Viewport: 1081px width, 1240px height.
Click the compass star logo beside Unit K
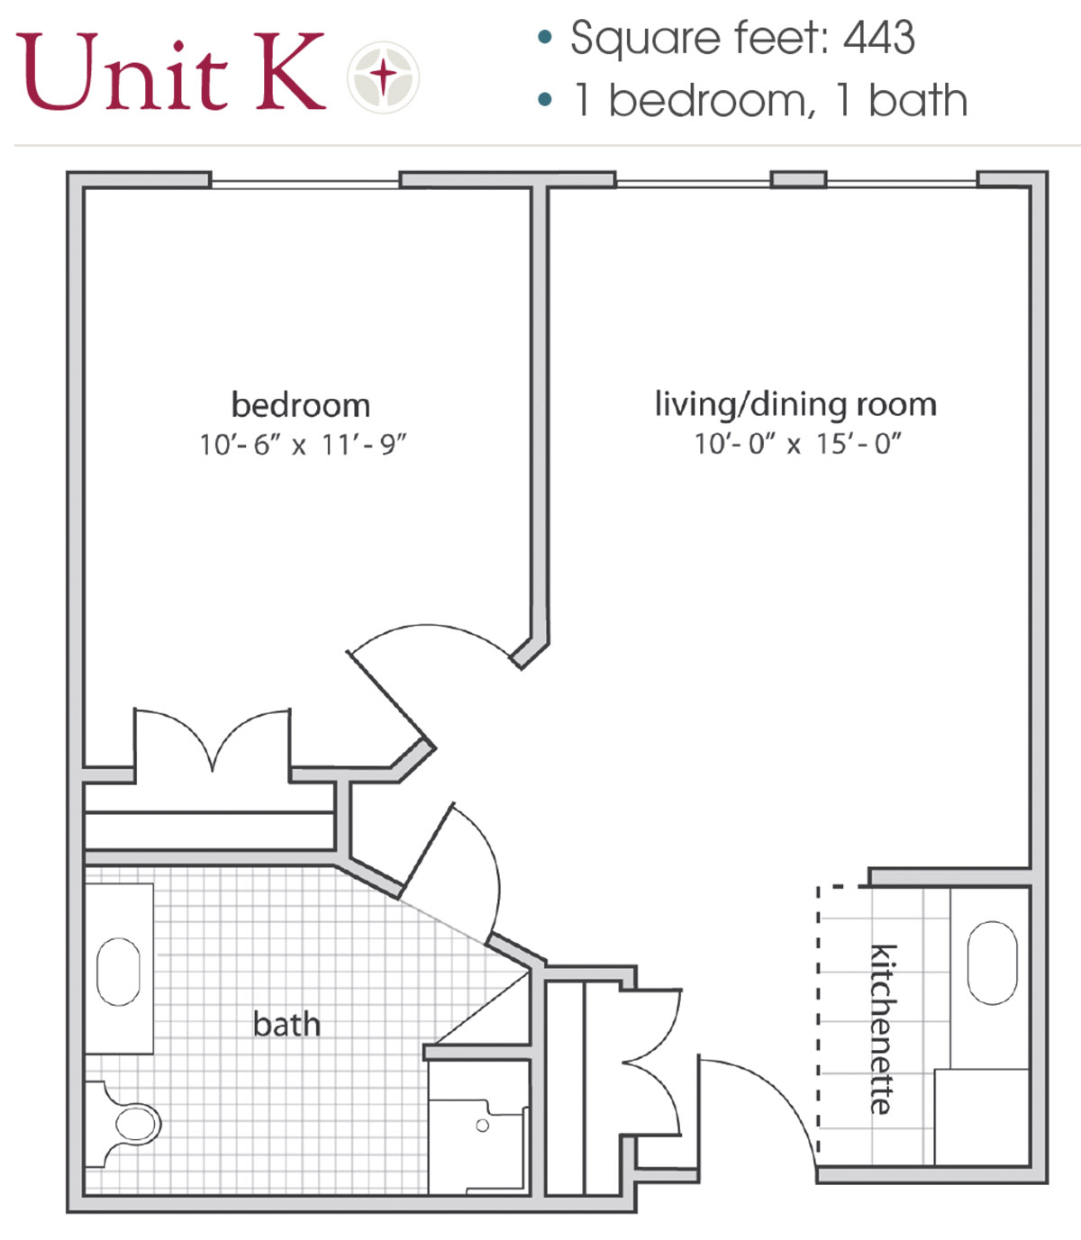tap(383, 77)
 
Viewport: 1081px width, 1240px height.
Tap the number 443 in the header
tap(878, 38)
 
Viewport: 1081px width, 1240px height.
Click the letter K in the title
tap(290, 71)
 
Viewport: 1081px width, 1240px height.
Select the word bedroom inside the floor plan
tap(301, 405)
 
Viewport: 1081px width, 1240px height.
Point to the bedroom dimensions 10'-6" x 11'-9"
tap(302, 446)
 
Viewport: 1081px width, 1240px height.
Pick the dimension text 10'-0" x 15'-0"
tap(798, 444)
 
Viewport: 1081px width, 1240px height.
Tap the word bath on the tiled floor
tap(286, 1024)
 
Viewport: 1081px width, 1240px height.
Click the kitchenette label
tap(883, 1029)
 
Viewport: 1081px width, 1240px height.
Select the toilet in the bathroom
tap(124, 1124)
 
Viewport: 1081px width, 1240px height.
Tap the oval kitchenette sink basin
tap(993, 963)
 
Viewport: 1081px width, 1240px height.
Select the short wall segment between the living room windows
tap(798, 180)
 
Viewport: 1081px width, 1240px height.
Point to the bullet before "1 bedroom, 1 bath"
tap(545, 99)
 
